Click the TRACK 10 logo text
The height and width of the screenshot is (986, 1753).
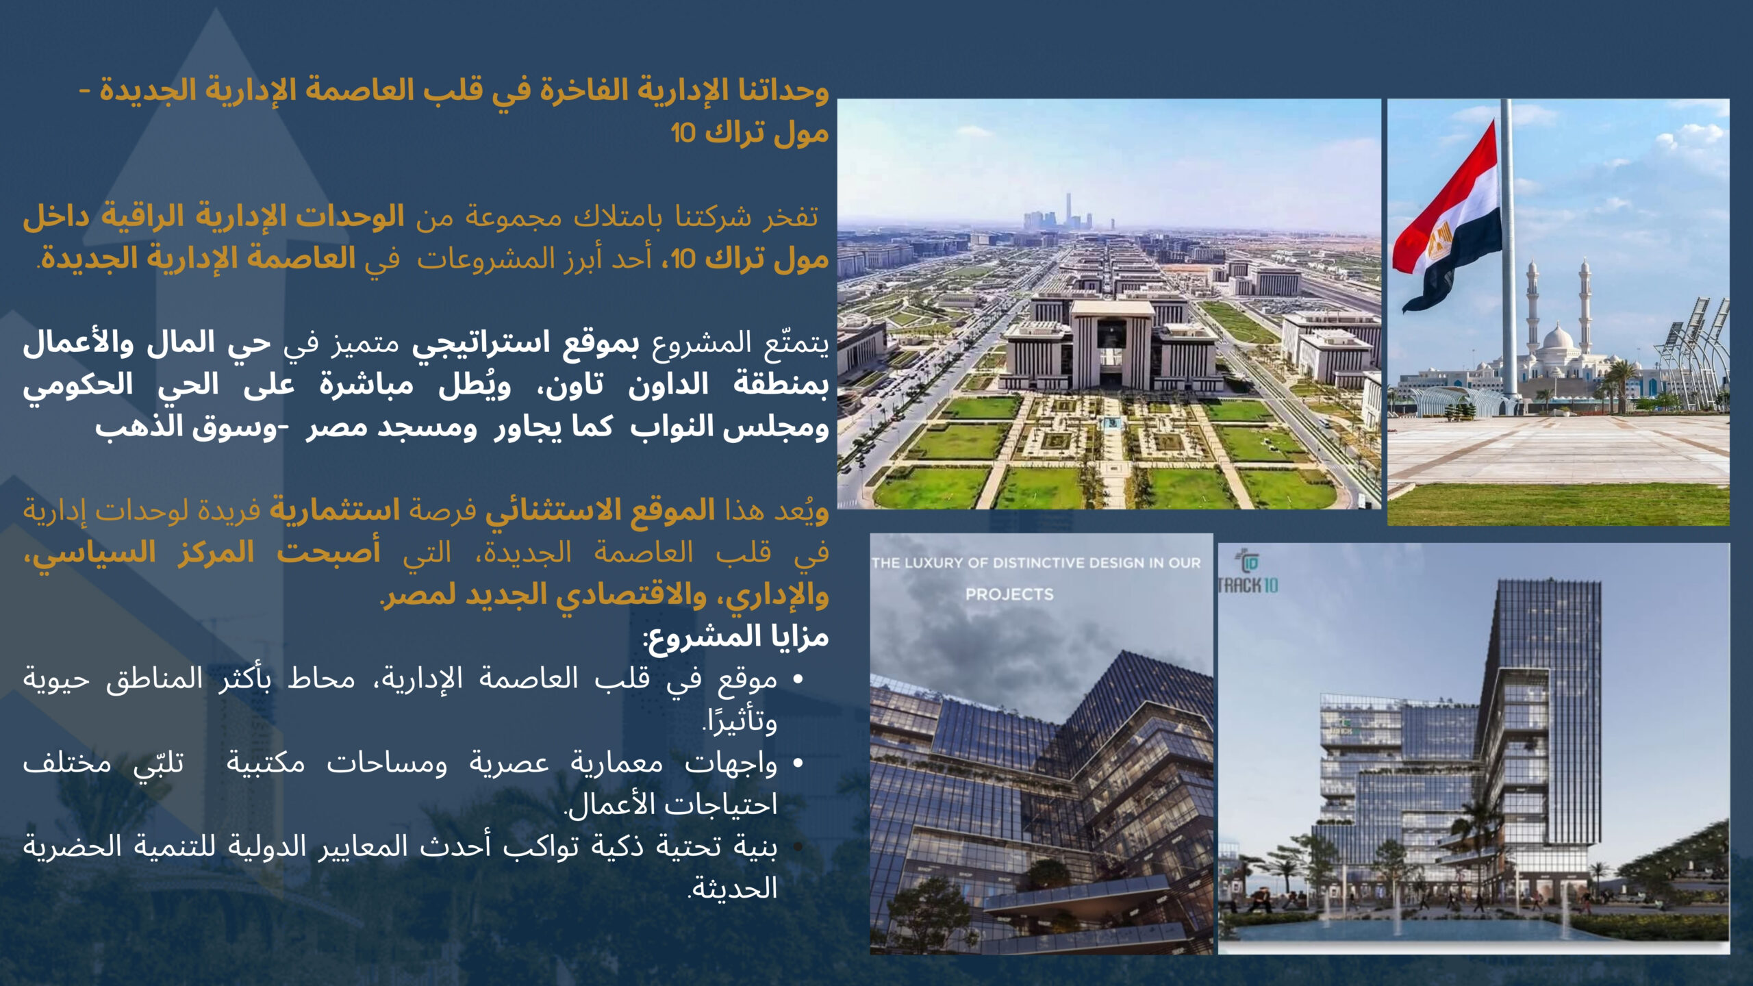1248,585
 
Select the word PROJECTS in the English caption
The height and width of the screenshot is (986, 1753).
1009,594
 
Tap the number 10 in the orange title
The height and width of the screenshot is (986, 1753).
683,133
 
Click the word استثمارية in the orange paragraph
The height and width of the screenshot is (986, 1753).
334,511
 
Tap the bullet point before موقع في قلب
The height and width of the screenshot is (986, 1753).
797,680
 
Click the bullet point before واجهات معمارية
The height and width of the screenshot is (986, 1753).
797,763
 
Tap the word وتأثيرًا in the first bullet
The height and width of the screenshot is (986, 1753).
740,722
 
